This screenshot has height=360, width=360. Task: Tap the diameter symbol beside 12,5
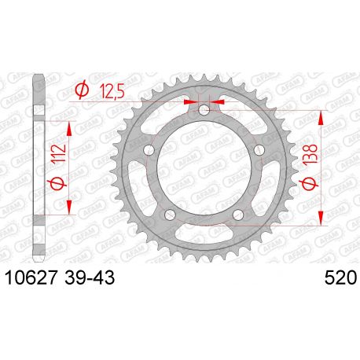click(81, 91)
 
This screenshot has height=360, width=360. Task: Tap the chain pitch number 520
click(339, 278)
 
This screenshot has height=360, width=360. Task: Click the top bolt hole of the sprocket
click(204, 110)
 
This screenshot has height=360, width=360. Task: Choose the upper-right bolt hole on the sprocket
click(259, 150)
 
